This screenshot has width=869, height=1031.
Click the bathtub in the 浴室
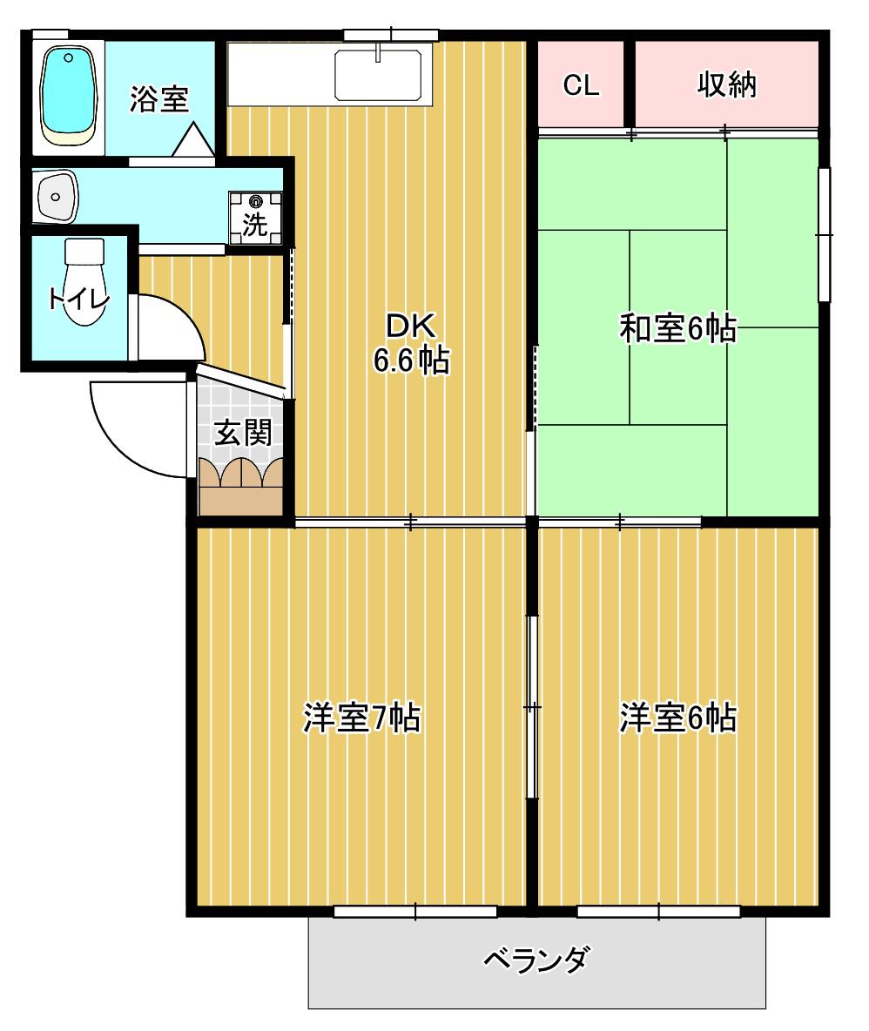(69, 95)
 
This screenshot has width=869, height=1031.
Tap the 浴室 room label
(159, 98)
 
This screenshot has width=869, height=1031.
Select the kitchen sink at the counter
(378, 75)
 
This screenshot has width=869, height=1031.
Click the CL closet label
(581, 84)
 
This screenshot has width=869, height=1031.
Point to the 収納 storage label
(727, 84)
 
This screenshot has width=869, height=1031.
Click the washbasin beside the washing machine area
(57, 197)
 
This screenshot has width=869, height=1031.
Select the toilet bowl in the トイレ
(84, 282)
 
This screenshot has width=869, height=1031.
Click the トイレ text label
(77, 300)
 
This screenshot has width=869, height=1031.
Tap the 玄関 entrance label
(243, 433)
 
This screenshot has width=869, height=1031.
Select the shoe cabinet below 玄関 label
(240, 487)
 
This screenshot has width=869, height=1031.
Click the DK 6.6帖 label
(412, 343)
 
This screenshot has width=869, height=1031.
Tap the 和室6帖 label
(677, 327)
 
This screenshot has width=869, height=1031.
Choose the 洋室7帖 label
(361, 718)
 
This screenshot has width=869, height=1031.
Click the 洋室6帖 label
(677, 718)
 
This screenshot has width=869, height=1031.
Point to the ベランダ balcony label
(536, 960)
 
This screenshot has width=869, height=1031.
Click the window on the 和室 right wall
(825, 234)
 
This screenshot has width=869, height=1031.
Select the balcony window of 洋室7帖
(415, 912)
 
